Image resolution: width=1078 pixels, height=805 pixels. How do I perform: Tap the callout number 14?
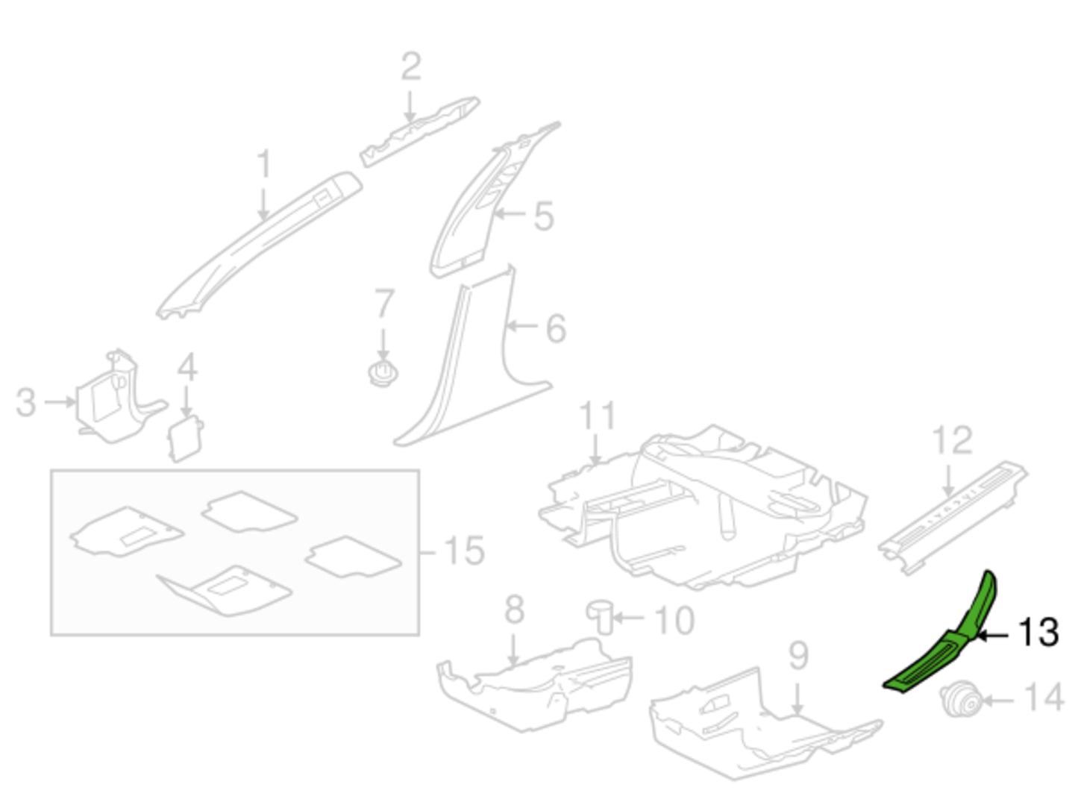tap(1043, 697)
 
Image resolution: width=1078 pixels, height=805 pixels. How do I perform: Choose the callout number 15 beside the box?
tap(463, 551)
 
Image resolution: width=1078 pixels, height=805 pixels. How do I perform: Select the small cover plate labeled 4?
tap(185, 438)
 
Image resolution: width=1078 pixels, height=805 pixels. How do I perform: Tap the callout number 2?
tap(410, 67)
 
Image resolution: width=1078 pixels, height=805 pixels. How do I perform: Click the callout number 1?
tap(264, 164)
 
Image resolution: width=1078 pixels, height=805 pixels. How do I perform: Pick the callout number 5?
tap(544, 216)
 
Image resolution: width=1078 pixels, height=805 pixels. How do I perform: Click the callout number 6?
tap(556, 328)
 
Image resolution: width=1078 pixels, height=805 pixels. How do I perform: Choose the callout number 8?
tap(514, 610)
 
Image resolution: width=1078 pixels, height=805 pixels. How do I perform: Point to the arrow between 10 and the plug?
tap(629, 617)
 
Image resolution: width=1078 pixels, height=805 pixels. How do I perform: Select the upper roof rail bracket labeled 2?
tap(419, 131)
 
